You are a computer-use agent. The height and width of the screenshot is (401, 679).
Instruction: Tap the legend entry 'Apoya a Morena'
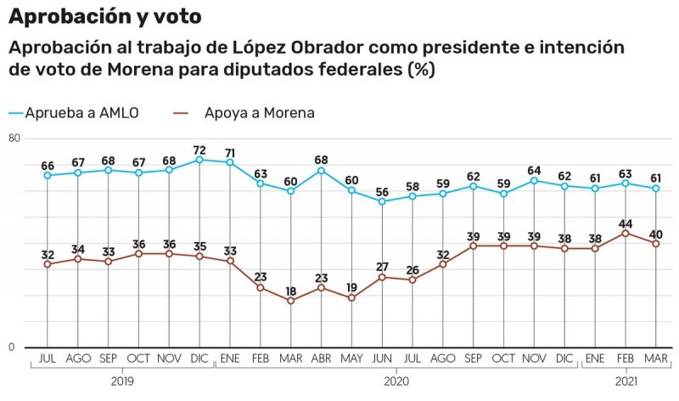pyautogui.click(x=259, y=112)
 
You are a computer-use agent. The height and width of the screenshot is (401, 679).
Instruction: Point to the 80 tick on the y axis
pyautogui.click(x=14, y=138)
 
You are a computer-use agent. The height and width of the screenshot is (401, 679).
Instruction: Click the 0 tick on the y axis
pyautogui.click(x=13, y=347)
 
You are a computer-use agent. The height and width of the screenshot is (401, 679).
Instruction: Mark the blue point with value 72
pyautogui.click(x=199, y=160)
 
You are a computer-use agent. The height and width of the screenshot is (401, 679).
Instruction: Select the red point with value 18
pyautogui.click(x=290, y=301)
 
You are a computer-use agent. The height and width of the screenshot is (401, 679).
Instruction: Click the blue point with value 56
pyautogui.click(x=382, y=201)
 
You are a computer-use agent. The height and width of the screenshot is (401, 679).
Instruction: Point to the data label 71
pyautogui.click(x=230, y=152)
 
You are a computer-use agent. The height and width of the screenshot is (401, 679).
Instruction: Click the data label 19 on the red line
pyautogui.click(x=351, y=287)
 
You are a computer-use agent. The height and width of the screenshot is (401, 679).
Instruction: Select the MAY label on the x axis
pyautogui.click(x=351, y=359)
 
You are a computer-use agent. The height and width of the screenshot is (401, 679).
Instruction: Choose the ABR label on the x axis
pyautogui.click(x=321, y=359)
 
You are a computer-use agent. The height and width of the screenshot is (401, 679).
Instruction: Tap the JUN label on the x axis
pyautogui.click(x=382, y=359)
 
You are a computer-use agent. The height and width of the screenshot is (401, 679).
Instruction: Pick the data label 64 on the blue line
pyautogui.click(x=534, y=170)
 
